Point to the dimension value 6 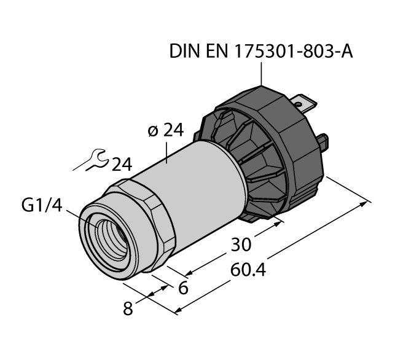[182, 288]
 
